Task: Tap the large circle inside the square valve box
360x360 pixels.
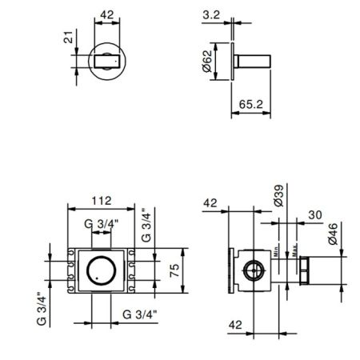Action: (101, 270)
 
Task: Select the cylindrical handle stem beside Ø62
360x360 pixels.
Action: (256, 61)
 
